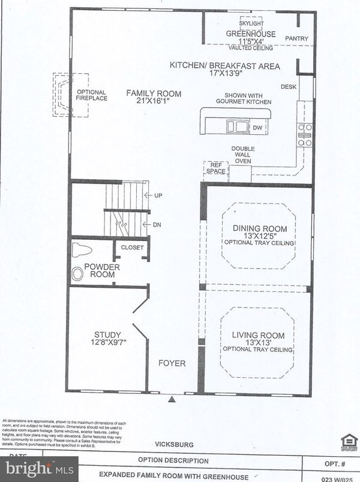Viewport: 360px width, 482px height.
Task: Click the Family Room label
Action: point(147,93)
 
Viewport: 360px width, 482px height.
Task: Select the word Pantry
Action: point(296,39)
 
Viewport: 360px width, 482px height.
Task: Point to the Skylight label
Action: point(251,23)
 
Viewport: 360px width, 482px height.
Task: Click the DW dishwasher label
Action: point(257,128)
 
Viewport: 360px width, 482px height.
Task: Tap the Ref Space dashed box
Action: point(216,168)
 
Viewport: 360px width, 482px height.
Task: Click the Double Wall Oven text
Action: point(244,154)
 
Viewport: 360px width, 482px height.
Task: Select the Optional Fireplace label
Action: point(92,95)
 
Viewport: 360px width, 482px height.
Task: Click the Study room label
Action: point(108,335)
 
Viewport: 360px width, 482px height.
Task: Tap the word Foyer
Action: point(172,363)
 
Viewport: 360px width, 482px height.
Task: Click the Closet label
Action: point(132,247)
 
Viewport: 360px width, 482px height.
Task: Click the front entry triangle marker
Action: point(173,399)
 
